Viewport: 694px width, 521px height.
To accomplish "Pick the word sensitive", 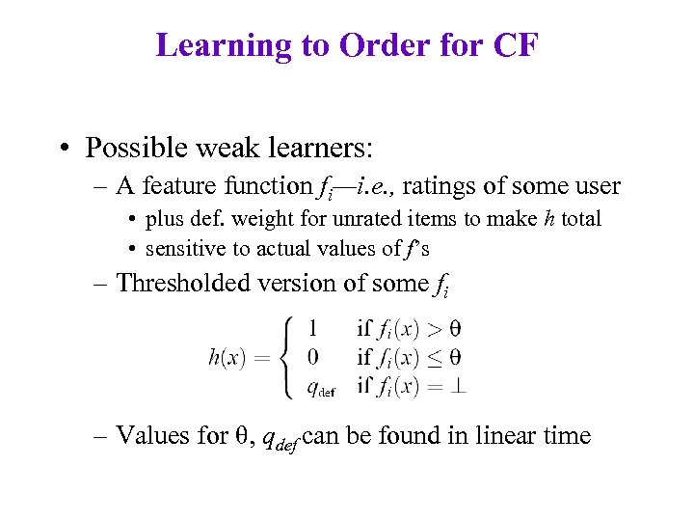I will click(x=185, y=248).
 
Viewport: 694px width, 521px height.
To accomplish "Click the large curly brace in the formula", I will click(x=285, y=357).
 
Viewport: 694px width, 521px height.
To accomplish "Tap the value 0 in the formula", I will click(x=313, y=357).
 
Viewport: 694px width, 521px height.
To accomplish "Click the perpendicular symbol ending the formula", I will click(x=459, y=387).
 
